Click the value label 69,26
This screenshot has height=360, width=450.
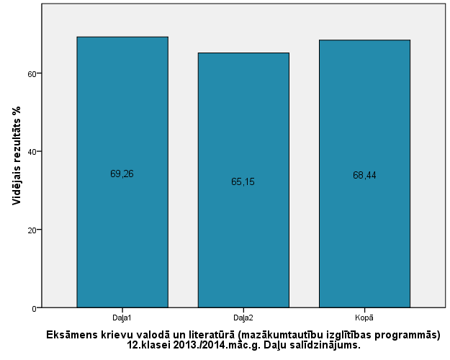coord(122,174)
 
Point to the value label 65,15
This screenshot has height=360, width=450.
coord(243,181)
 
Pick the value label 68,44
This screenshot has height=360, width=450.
coord(364,176)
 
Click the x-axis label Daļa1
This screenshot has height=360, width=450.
coord(122,317)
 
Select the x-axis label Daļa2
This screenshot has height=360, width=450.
coord(243,317)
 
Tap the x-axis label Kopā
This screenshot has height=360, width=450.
coord(364,317)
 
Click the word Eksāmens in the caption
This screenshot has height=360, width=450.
coord(72,335)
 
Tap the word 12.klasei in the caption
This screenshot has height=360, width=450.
coord(149,345)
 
